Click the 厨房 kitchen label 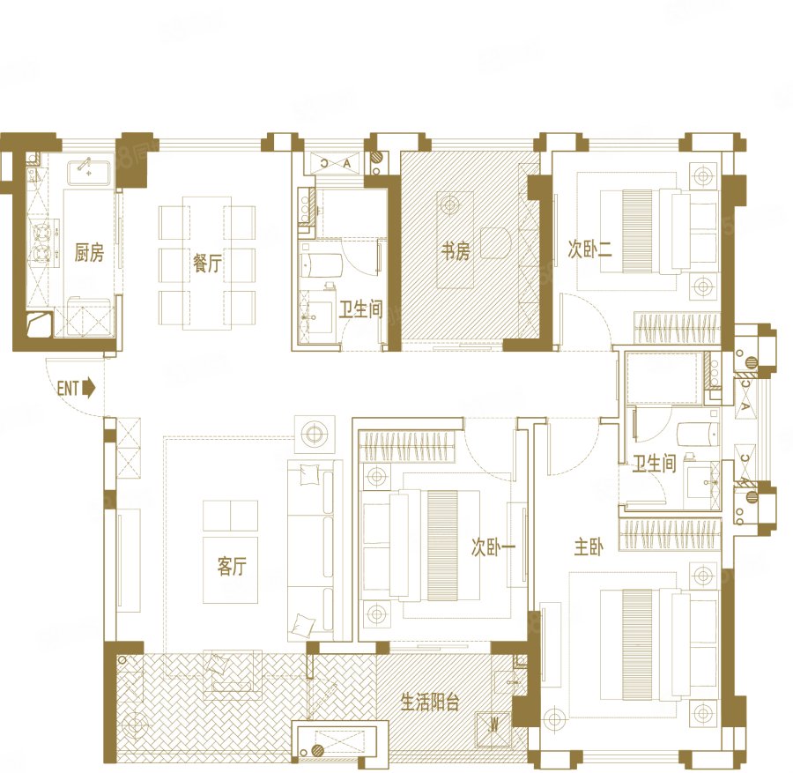89,252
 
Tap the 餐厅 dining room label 207,263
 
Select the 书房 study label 456,251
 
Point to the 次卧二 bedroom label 589,249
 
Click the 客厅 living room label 232,566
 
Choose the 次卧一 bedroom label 493,546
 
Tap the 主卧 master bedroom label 589,546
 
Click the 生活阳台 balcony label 430,702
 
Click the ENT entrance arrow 88,388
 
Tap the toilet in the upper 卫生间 322,265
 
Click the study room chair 495,242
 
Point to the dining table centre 207,263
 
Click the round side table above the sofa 315,434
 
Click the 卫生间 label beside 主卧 655,464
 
